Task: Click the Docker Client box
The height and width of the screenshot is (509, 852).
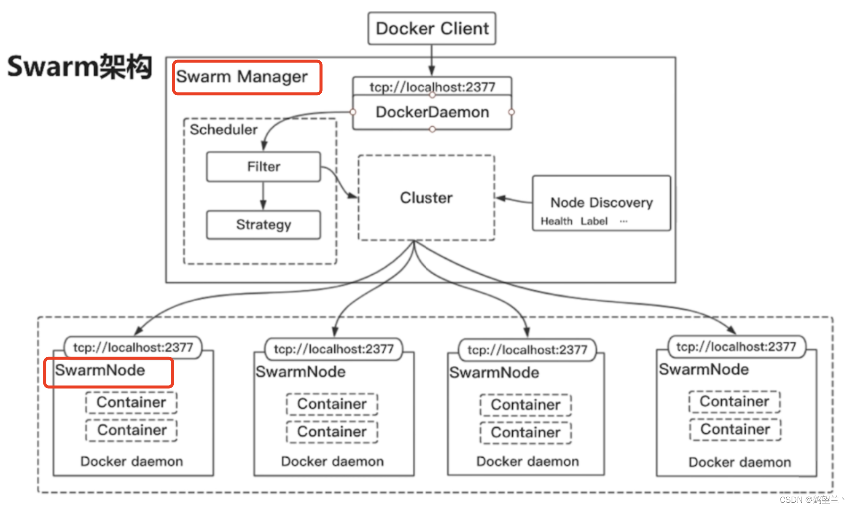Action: (432, 29)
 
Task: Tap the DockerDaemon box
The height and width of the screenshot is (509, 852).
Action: (432, 112)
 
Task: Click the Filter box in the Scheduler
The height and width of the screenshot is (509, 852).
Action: (263, 167)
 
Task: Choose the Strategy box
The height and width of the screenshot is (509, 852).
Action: (263, 225)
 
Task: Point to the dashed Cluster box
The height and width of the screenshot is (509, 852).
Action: (426, 198)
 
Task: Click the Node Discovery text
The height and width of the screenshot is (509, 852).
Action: (601, 202)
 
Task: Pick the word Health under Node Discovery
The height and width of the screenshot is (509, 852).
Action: (556, 221)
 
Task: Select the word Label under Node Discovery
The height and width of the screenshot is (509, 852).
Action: (594, 221)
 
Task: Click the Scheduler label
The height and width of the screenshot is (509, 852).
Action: (223, 130)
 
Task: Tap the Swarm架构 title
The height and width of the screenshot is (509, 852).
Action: (80, 67)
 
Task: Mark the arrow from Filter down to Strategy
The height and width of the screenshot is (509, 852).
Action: (263, 196)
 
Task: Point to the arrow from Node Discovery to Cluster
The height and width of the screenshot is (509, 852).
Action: (514, 200)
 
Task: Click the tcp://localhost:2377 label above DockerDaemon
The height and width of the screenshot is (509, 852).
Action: (432, 87)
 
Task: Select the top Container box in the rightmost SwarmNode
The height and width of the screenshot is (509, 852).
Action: (734, 401)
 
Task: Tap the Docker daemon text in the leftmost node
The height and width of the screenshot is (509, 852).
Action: (132, 461)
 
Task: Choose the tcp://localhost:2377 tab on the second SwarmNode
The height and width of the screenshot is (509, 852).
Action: (334, 349)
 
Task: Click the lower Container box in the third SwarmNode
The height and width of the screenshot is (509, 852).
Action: (525, 432)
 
